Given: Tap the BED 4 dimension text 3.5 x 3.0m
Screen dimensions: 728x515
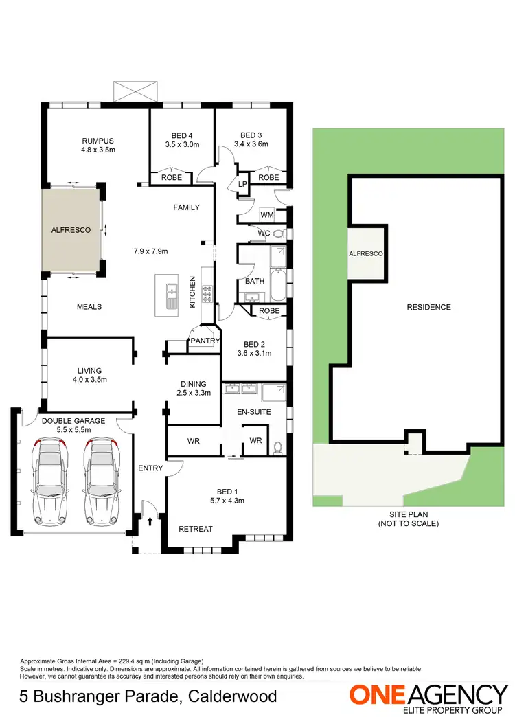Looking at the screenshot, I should pos(182,145).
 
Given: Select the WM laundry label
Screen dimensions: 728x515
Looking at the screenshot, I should pos(266,215).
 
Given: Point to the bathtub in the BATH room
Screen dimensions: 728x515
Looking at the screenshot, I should pos(277,285).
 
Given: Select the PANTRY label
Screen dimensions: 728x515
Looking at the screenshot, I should pos(205,341).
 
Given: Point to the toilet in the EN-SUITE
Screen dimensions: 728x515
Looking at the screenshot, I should pos(277,448).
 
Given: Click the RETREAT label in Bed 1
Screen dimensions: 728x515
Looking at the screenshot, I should pos(195,529).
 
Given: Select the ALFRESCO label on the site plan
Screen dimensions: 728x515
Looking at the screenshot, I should pos(365,253).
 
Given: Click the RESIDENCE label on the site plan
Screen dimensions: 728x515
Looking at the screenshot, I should pos(428,307).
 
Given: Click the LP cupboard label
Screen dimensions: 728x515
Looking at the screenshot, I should pos(242,184).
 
